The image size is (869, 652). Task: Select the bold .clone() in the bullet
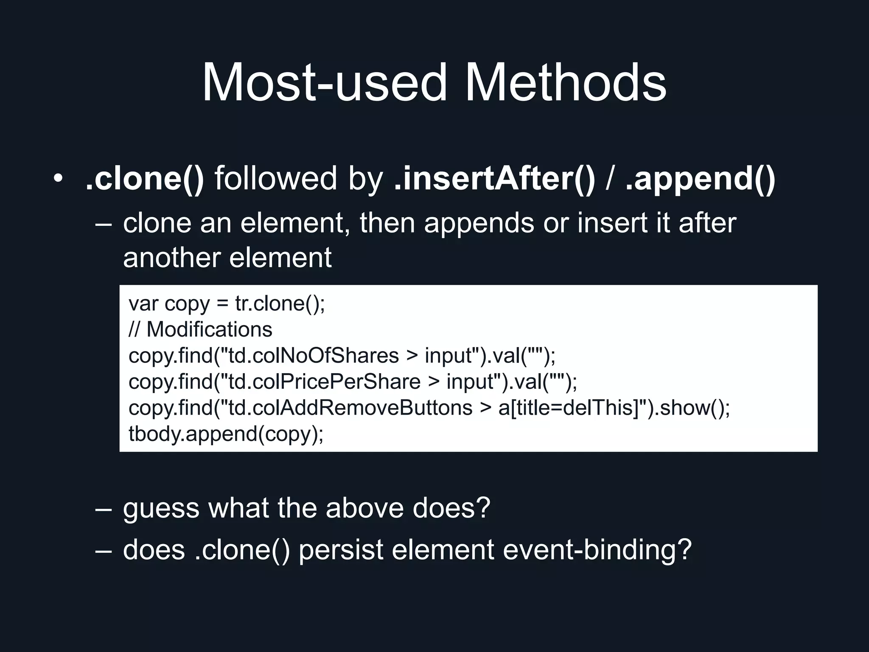pos(145,178)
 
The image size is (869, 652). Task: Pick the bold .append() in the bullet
pos(700,178)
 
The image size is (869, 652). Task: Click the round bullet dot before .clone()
pos(58,178)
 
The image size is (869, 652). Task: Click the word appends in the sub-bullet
pos(479,223)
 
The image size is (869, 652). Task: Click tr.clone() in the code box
pos(280,304)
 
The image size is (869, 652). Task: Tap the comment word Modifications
pos(209,329)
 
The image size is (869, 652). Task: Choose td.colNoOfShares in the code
pos(314,356)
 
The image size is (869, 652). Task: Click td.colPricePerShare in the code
pos(324,382)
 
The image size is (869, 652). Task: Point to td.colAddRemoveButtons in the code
pos(350,408)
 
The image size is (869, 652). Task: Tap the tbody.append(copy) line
pos(226,434)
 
